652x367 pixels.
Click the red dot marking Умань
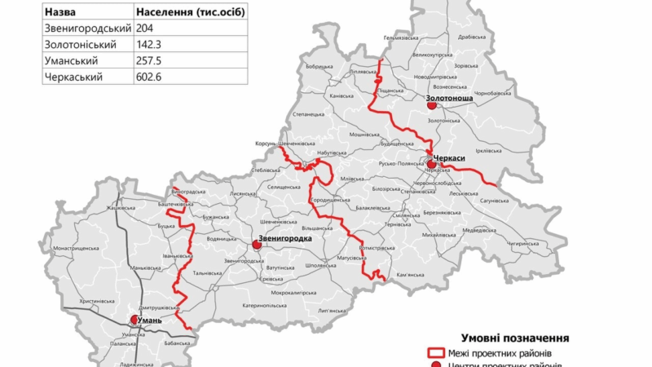pos(135,321)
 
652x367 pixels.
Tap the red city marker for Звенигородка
pos(257,244)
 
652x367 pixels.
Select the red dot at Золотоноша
pos(432,105)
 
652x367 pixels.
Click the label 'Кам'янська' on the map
pos(410,275)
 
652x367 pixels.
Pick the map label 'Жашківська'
pos(121,208)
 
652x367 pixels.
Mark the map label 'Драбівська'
pos(472,38)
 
